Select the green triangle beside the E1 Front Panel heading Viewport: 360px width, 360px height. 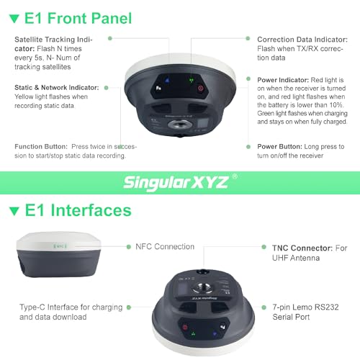tap(14, 17)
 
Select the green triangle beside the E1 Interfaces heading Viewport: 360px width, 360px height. tap(14, 211)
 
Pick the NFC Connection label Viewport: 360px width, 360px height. tap(165, 247)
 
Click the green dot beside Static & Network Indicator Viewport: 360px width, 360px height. tap(106, 87)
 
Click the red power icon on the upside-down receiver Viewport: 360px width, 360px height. tap(186, 327)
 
